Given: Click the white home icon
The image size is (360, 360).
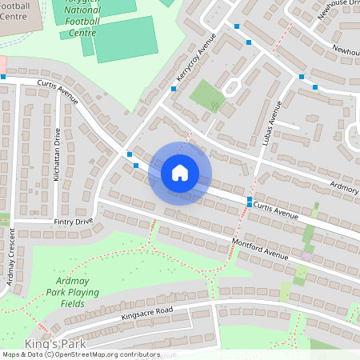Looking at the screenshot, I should pyautogui.click(x=180, y=172).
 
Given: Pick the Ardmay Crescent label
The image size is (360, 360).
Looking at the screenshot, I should pyautogui.click(x=11, y=262).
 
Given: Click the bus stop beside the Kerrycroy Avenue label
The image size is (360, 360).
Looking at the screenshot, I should pyautogui.click(x=174, y=89).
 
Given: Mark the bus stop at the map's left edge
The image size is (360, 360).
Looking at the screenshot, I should pyautogui.click(x=3, y=77).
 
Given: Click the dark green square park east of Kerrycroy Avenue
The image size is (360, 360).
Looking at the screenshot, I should pyautogui.click(x=207, y=96).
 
